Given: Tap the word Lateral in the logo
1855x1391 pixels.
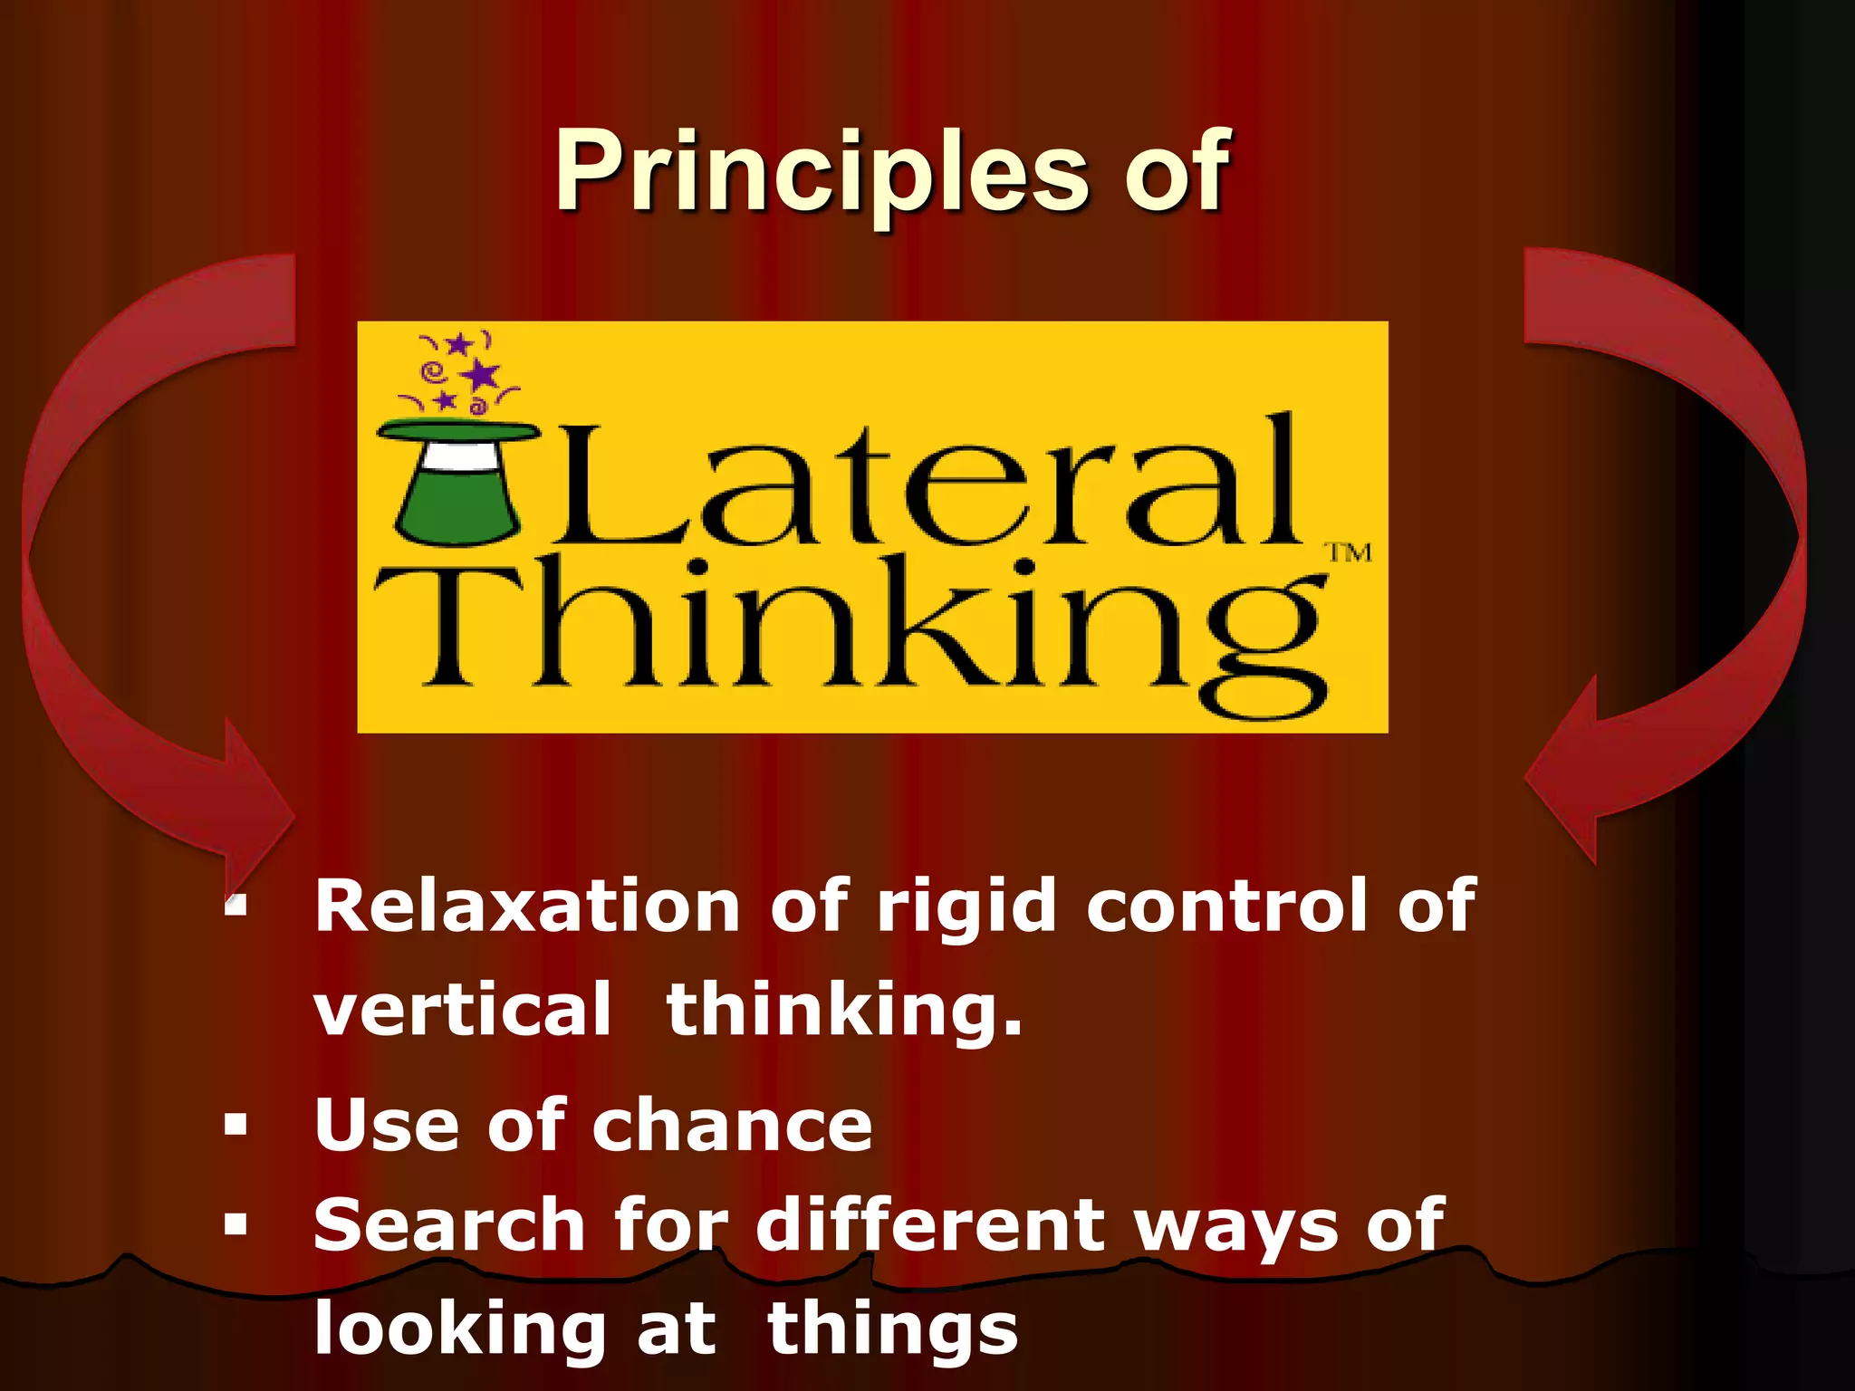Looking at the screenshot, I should pos(924,484).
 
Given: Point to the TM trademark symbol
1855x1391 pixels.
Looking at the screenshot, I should pos(1349,552).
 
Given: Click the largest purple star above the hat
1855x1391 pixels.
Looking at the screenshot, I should pos(480,374).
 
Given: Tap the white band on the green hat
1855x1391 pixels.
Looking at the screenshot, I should pos(455,457).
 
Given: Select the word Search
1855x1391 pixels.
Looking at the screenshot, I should pos(448,1225).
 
